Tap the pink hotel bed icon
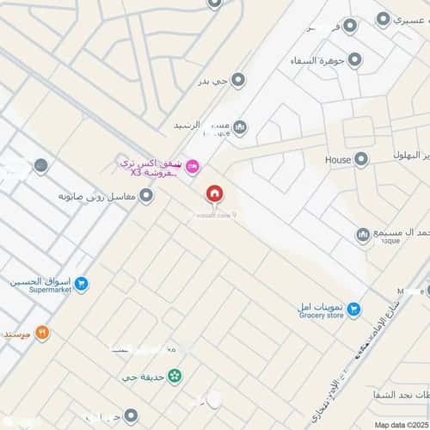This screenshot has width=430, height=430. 192,164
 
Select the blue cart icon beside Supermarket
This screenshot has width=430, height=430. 81,282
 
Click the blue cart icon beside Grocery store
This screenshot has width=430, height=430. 353,310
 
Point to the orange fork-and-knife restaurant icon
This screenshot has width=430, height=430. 41,333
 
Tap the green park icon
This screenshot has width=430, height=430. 175,375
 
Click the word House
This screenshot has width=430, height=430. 337,160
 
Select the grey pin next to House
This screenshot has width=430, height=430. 361,159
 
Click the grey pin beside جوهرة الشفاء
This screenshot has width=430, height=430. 354,59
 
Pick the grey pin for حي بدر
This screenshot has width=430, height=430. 238,80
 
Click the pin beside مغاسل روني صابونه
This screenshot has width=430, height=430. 147,196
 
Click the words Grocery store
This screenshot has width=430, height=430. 320,316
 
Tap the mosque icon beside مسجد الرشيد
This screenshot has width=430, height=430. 240,128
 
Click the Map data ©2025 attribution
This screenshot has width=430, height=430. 399,425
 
